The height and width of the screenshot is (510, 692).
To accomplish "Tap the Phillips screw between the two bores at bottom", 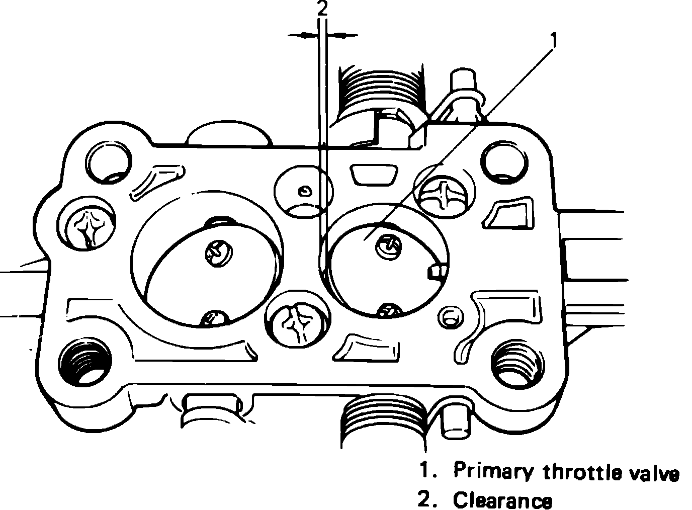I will (298, 322).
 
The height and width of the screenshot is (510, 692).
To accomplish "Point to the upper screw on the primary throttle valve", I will (389, 245).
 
